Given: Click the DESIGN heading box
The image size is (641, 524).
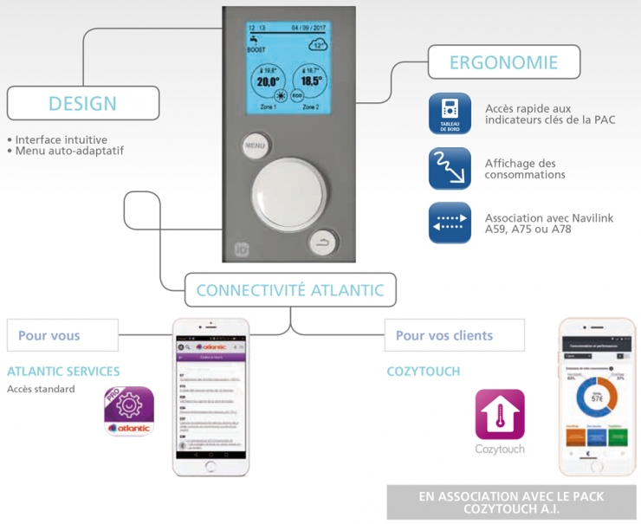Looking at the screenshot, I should pyautogui.click(x=82, y=104).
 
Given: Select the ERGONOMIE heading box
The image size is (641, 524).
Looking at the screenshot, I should pyautogui.click(x=503, y=62).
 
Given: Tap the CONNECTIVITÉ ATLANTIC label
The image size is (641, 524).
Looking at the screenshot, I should pyautogui.click(x=289, y=290).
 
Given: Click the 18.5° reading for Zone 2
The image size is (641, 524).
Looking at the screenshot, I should pyautogui.click(x=309, y=82).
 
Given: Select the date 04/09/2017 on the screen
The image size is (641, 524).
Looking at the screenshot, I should pyautogui.click(x=308, y=28).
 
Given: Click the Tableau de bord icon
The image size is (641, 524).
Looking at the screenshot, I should pyautogui.click(x=450, y=114).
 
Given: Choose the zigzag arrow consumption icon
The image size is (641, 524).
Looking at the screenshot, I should pyautogui.click(x=450, y=168).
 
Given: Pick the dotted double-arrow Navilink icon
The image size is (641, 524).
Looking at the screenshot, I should pyautogui.click(x=450, y=223).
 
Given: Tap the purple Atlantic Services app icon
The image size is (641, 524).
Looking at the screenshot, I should pyautogui.click(x=129, y=411).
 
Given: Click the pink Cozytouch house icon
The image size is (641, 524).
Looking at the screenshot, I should pyautogui.click(x=500, y=414).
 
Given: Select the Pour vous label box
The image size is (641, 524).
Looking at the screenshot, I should pyautogui.click(x=62, y=335).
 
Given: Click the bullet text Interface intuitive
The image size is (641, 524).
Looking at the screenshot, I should pyautogui.click(x=61, y=139).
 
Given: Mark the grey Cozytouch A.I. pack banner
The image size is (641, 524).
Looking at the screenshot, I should pyautogui.click(x=511, y=502).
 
